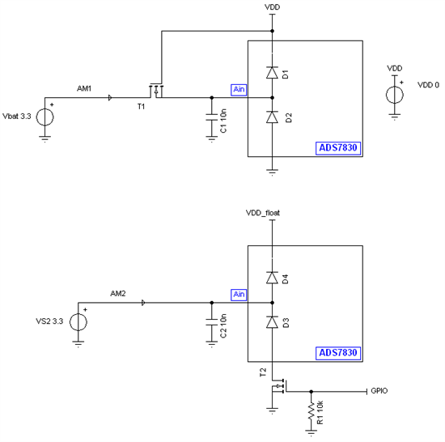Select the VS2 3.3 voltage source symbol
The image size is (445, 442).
click(x=78, y=321)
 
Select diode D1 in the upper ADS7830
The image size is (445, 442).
click(x=273, y=73)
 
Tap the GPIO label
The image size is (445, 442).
click(x=380, y=391)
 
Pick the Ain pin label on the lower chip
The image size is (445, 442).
click(x=239, y=294)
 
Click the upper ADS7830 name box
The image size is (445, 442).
click(x=338, y=147)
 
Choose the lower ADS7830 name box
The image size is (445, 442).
click(x=338, y=354)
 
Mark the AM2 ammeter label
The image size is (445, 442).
click(x=118, y=292)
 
